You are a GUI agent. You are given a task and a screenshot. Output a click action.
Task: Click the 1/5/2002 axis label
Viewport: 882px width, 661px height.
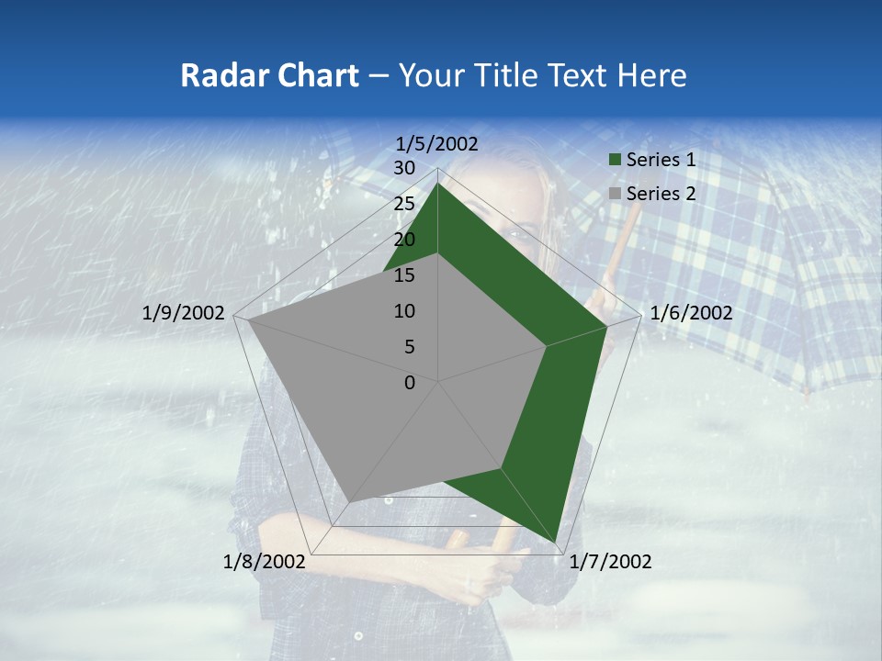coord(437,143)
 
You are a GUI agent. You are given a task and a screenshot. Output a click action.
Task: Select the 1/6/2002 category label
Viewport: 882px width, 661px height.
coord(691,313)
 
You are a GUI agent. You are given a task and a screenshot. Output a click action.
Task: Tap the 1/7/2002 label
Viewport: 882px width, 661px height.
coord(610,562)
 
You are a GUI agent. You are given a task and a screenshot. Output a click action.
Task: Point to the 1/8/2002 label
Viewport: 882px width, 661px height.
coord(265,562)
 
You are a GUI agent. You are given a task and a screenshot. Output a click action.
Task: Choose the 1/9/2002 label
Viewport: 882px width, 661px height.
coord(184,313)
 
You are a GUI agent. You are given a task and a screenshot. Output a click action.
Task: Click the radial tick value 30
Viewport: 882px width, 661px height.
coord(404,168)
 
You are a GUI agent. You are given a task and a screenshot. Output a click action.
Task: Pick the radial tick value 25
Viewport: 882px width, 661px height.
coord(404,204)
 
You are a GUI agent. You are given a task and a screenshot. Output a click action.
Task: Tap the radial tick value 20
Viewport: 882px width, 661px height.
coord(404,240)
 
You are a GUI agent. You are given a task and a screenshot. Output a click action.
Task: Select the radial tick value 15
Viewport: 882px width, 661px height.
coord(404,275)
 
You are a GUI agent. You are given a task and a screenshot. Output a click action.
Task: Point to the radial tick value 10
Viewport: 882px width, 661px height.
coord(404,311)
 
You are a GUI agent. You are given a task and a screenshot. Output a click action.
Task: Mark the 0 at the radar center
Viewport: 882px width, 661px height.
coord(410,383)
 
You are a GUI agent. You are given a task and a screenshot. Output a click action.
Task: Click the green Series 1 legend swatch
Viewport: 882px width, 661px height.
coord(616,161)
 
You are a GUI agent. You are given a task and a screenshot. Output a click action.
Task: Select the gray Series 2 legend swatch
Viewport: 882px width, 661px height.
coord(616,194)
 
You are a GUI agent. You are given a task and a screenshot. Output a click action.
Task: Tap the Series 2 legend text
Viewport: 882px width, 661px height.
coord(661,194)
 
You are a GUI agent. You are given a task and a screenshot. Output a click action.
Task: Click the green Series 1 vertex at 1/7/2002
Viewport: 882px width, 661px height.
coord(556,541)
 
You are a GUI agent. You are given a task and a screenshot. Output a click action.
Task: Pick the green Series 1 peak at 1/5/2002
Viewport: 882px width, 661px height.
coord(438,184)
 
